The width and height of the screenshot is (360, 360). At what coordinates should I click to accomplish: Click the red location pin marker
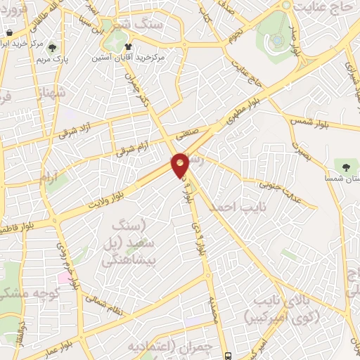pos(180,165)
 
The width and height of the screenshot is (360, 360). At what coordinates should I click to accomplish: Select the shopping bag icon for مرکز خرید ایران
pos(9,34)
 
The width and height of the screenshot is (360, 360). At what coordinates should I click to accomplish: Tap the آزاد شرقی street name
pos(75,129)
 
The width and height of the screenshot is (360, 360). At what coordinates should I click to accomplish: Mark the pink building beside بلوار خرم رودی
pos(64,278)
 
